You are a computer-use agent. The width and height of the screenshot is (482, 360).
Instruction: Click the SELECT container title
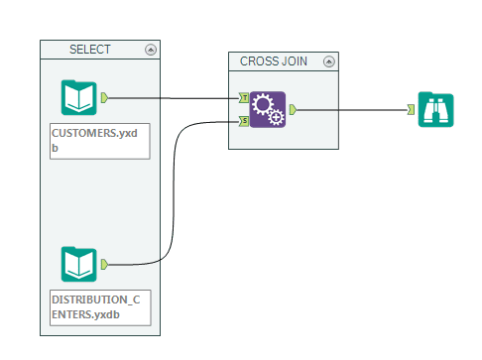pyautogui.click(x=90, y=49)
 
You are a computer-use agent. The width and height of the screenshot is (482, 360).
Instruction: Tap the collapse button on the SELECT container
pyautogui.click(x=150, y=49)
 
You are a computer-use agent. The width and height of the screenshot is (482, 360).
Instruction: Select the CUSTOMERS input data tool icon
pyautogui.click(x=79, y=98)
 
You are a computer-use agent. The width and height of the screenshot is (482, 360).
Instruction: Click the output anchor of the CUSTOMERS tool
pyautogui.click(x=104, y=98)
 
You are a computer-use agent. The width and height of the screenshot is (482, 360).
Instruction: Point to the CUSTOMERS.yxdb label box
pyautogui.click(x=99, y=142)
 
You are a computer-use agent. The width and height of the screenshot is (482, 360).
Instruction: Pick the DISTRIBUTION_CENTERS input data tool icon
pyautogui.click(x=79, y=265)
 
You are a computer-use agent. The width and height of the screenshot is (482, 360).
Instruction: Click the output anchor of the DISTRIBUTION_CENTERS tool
pyautogui.click(x=104, y=265)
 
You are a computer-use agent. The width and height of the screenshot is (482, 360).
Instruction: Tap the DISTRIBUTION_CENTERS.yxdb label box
pyautogui.click(x=99, y=308)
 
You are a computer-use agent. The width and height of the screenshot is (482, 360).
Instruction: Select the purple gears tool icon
pyautogui.click(x=267, y=109)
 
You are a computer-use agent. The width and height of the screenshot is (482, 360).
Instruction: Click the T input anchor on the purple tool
pyautogui.click(x=244, y=98)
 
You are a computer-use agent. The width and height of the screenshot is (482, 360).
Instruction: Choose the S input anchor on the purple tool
pyautogui.click(x=244, y=121)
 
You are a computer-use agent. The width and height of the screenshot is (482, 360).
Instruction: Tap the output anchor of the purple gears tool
pyautogui.click(x=292, y=109)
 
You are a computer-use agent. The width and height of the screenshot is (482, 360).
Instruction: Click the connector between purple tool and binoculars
pyautogui.click(x=352, y=109)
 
